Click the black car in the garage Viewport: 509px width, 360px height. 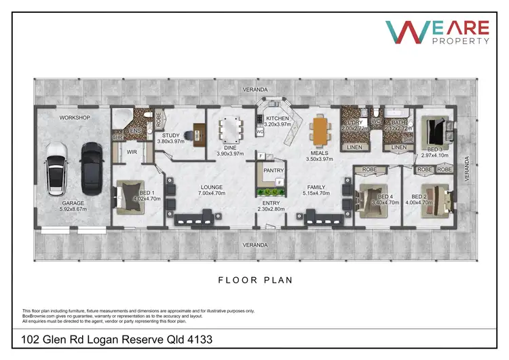pyautogui.click(x=91, y=168)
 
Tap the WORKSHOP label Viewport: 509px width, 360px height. pyautogui.click(x=74, y=118)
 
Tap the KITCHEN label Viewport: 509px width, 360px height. pyautogui.click(x=277, y=118)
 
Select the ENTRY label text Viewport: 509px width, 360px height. pyautogui.click(x=271, y=203)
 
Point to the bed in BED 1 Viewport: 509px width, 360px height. pyautogui.click(x=128, y=197)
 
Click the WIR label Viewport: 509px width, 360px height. pyautogui.click(x=132, y=153)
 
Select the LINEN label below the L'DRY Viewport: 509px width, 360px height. pyautogui.click(x=354, y=147)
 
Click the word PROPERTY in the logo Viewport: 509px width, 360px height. pyautogui.click(x=465, y=41)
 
